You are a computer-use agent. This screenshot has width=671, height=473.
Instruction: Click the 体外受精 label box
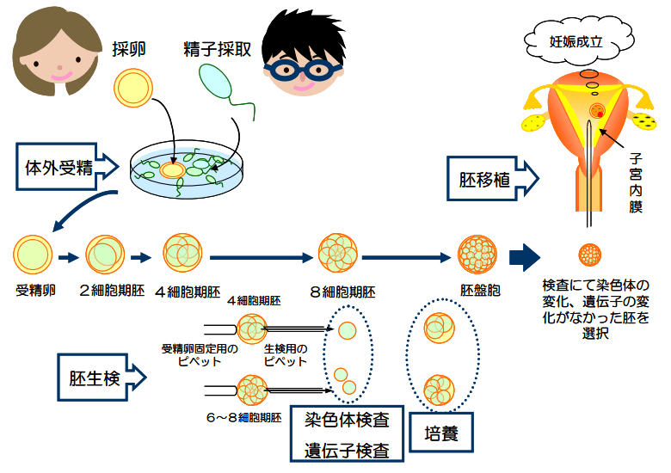coord(59,167)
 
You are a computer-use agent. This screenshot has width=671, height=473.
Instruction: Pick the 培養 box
coord(441,433)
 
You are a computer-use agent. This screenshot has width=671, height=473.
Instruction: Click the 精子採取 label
coord(217,49)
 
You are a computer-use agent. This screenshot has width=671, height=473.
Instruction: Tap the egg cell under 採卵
coord(133,89)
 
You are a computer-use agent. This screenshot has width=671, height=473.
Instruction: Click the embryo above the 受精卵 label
coord(33,255)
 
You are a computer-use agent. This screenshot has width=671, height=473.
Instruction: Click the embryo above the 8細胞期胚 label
coord(338,255)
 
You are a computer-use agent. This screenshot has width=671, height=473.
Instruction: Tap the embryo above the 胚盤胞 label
coord(478,255)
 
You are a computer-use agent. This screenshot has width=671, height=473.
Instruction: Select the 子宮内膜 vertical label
coord(636,182)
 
